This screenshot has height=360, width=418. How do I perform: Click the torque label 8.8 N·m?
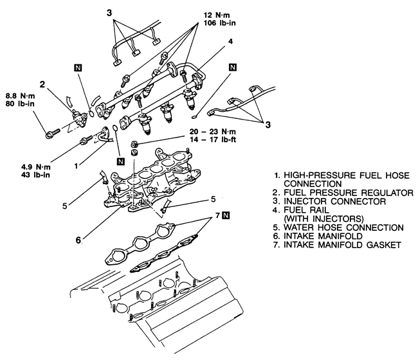click(x=21, y=96)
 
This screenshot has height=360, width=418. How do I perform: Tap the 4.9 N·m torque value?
click(x=36, y=167)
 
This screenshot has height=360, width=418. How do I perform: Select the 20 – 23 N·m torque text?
click(x=213, y=131)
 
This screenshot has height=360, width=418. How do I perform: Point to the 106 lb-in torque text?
click(x=220, y=23)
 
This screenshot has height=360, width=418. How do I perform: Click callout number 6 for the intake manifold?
click(x=78, y=240)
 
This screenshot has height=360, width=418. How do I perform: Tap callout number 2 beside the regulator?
click(x=42, y=84)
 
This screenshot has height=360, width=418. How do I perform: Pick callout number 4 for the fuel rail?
click(x=231, y=41)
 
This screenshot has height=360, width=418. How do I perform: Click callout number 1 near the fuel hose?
click(x=77, y=166)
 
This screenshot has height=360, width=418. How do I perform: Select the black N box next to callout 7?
click(x=226, y=215)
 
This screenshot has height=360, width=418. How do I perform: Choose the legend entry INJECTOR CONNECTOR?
click(x=334, y=201)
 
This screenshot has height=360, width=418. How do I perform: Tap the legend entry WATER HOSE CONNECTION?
click(x=343, y=228)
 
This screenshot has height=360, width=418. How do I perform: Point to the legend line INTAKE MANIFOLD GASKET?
click(x=342, y=245)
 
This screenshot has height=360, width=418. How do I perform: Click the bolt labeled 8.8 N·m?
click(x=53, y=134)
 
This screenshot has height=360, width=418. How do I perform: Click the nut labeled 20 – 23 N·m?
click(x=135, y=145)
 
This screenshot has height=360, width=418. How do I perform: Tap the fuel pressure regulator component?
click(x=78, y=117)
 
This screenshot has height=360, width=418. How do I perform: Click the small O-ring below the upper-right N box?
click(x=195, y=116)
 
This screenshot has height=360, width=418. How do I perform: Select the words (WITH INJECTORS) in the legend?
click(x=323, y=219)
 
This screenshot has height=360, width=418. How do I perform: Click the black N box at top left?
click(x=78, y=68)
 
